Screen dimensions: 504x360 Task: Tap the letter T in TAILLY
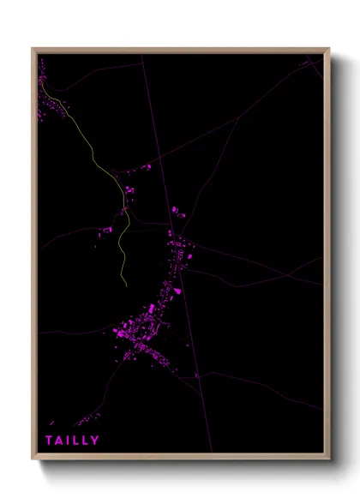pos(50,441)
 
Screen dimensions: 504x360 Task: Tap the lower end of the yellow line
pos(126,284)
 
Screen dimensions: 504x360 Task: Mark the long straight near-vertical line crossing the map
pos(171,214)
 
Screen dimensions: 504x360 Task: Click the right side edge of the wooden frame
pos(327,257)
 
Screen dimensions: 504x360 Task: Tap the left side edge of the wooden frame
pos(34,257)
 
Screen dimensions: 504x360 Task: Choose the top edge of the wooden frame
pos(180,51)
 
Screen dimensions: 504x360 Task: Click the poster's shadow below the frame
pos(189,466)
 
